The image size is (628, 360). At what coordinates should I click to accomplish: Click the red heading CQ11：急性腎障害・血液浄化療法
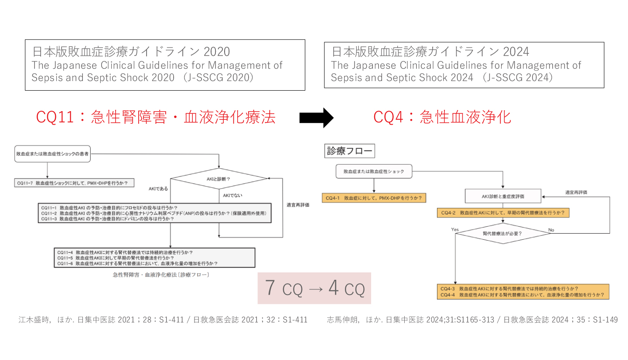coord(156,117)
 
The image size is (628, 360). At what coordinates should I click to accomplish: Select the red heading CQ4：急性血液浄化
coord(442,117)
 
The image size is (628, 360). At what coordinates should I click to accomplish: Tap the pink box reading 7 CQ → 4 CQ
coord(314,289)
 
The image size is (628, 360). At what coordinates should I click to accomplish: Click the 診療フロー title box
coord(350,151)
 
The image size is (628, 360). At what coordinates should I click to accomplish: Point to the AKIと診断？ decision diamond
coord(218,179)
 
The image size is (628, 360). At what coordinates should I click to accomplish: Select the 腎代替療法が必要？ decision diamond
coord(502,233)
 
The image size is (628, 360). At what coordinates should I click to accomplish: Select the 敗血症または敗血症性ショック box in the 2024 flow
coord(374,171)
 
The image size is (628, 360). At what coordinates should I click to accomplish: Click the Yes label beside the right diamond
coord(455,229)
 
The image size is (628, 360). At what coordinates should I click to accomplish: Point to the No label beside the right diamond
coord(551,229)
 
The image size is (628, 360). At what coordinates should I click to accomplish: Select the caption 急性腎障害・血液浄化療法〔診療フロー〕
coord(160,275)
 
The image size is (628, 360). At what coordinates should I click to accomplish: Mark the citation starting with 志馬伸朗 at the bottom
coord(472,320)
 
